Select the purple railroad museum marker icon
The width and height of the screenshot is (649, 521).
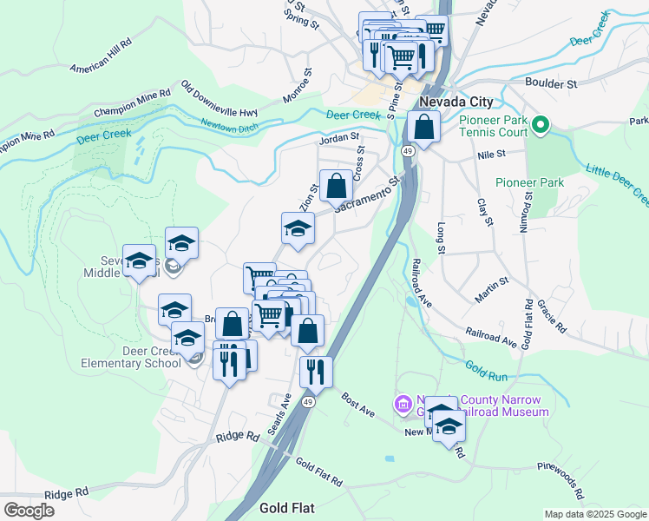point(403,404)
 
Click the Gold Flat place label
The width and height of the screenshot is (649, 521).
point(286,507)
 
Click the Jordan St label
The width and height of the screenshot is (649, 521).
point(338,137)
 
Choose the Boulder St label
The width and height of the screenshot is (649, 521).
point(551,83)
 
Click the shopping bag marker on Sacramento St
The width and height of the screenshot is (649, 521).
point(336,185)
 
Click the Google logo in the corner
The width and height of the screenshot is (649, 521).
point(29,511)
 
